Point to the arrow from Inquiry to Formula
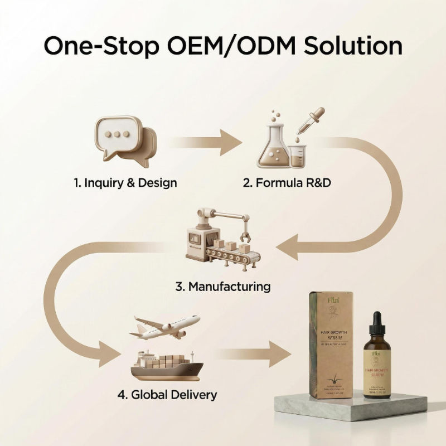206,142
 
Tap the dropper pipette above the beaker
309,126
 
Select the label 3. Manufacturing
223,287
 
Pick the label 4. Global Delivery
167,395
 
